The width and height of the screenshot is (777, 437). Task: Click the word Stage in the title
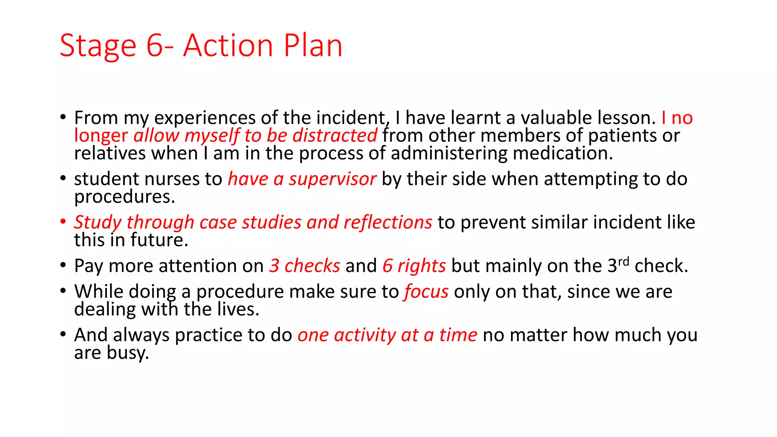98,46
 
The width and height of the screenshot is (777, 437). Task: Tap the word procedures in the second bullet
124,196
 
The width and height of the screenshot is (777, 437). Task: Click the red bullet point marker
63,221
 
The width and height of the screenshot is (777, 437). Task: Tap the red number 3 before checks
274,266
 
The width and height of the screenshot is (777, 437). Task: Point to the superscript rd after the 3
623,261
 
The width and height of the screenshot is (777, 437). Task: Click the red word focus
426,292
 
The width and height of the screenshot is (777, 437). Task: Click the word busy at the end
127,353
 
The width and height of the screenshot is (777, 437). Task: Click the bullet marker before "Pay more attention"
63,265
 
